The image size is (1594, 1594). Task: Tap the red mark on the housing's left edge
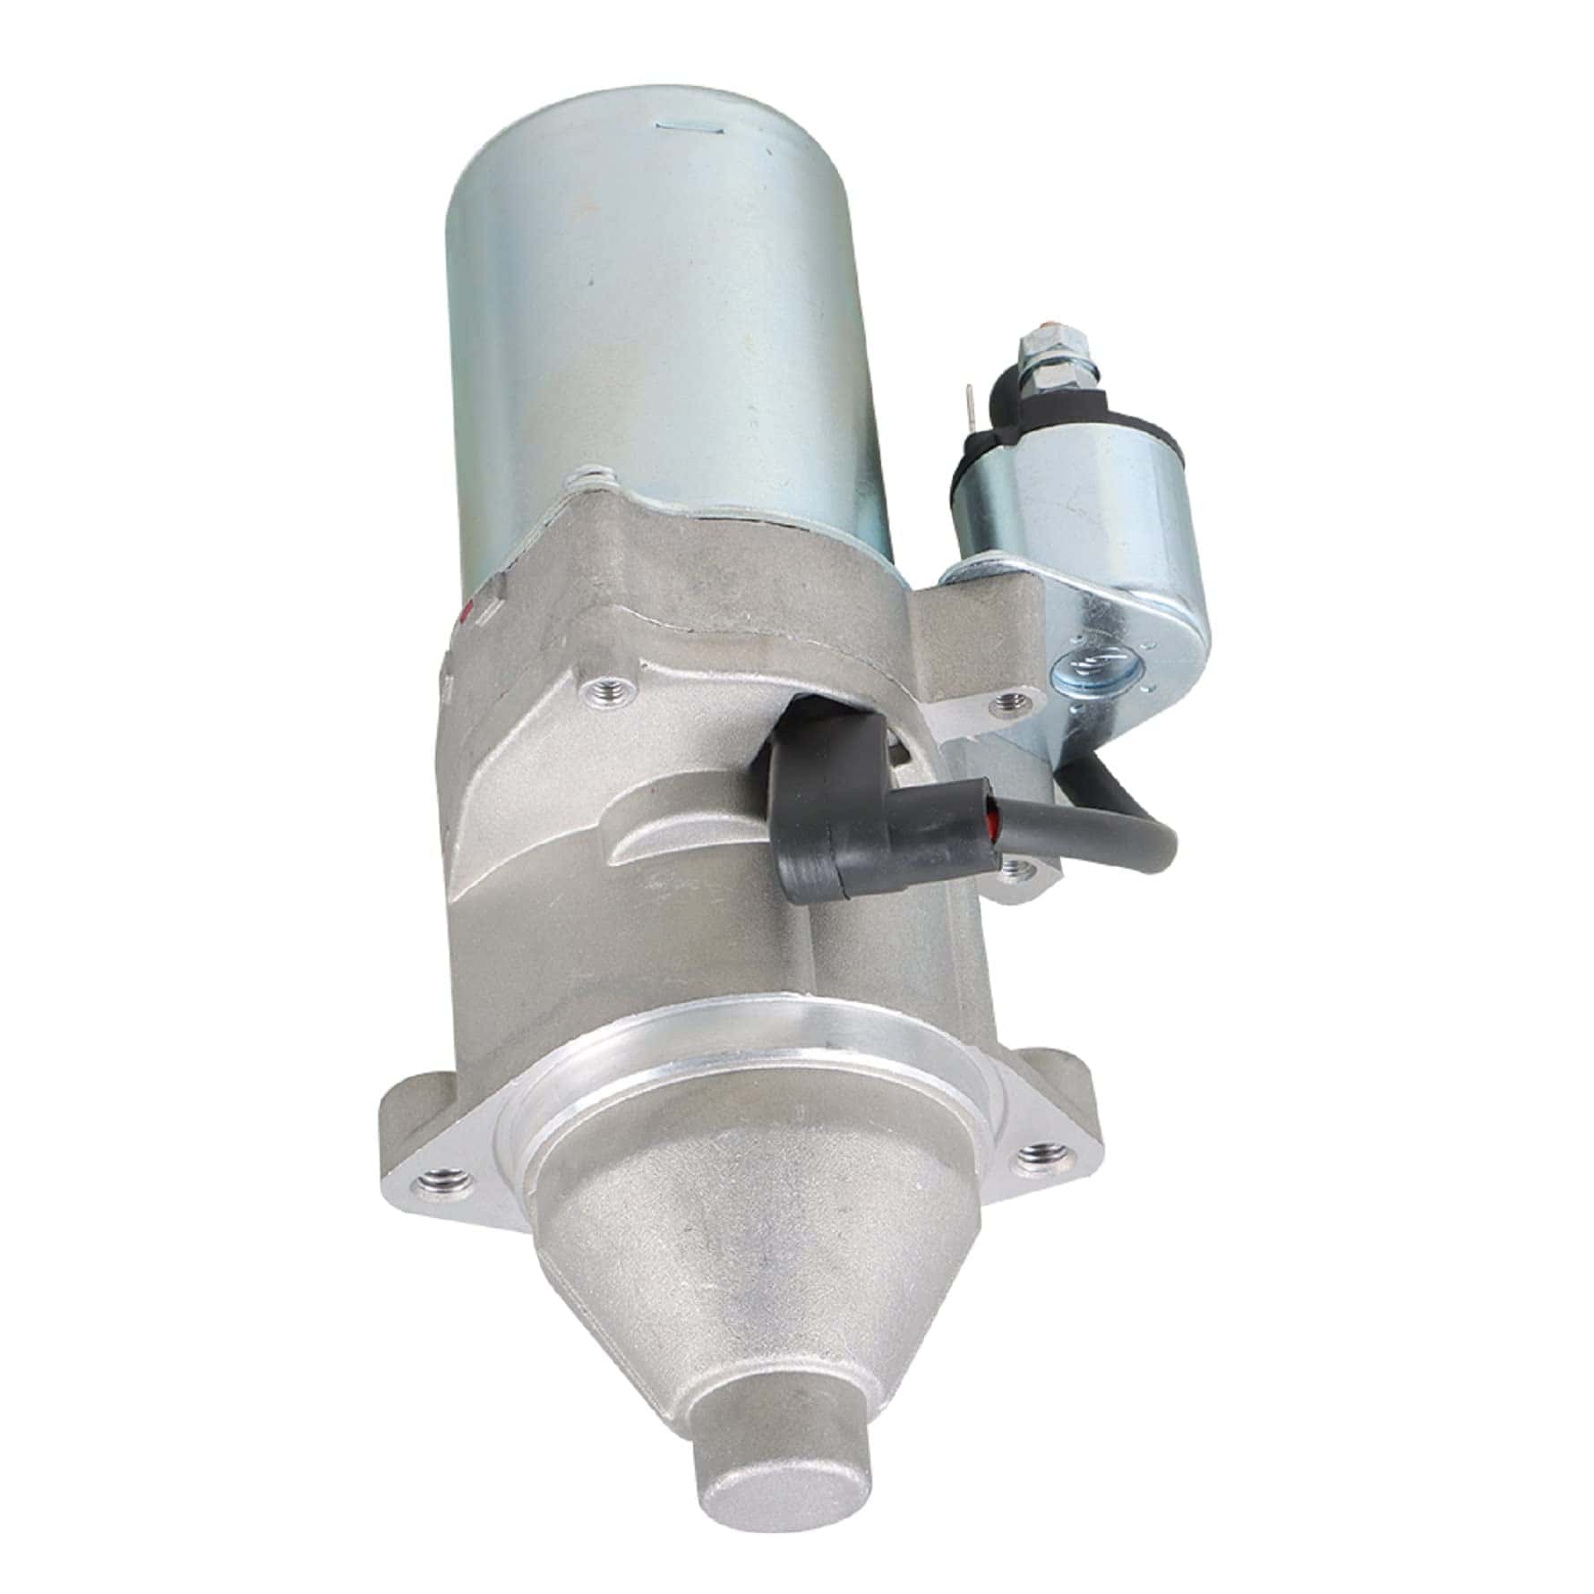click(465, 616)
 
